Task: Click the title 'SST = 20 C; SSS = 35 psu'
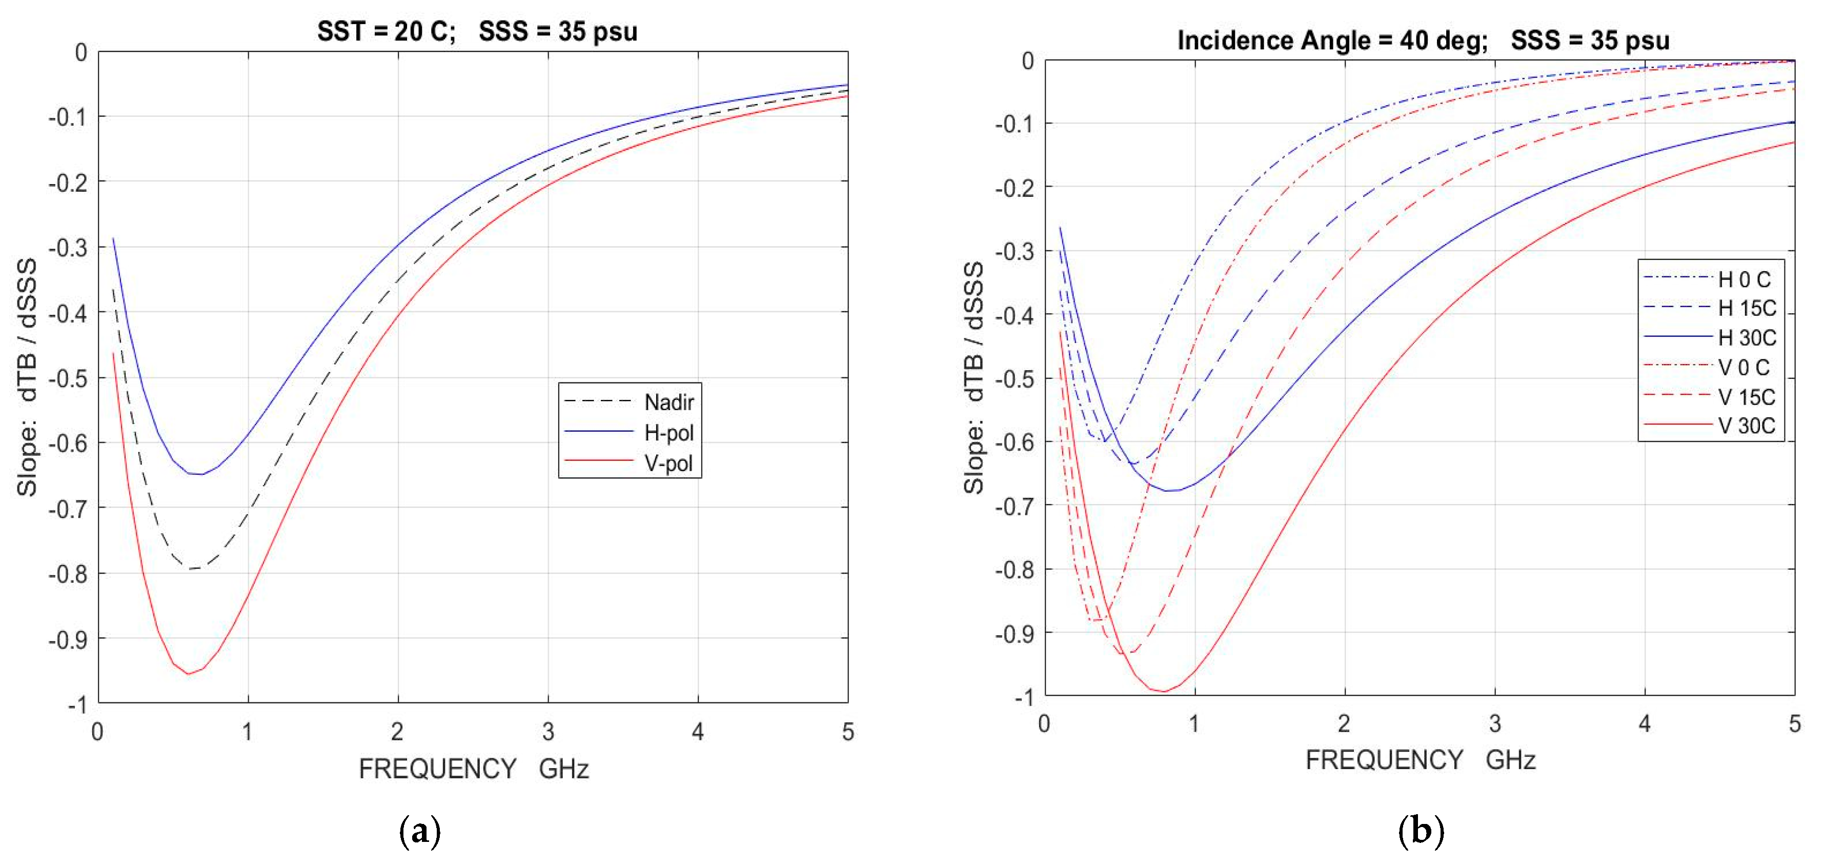[477, 32]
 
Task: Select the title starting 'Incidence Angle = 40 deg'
[1423, 41]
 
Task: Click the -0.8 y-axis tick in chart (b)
[1014, 569]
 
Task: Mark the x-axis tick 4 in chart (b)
[1644, 723]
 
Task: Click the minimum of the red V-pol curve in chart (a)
[188, 673]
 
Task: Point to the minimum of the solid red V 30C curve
[1163, 692]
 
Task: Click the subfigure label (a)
[420, 831]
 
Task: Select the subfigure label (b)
[1421, 830]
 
